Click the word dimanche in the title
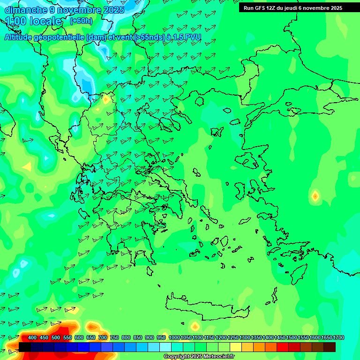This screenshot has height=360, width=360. click(24, 10)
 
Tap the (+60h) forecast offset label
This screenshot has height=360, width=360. click(81, 21)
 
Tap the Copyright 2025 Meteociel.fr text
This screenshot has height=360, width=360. click(199, 357)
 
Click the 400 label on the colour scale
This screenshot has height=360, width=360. click(32, 338)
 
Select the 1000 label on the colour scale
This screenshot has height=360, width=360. click(174, 338)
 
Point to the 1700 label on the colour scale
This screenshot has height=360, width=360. click(338, 338)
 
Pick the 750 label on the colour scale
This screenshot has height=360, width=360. click(114, 338)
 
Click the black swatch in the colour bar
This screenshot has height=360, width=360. click(25, 347)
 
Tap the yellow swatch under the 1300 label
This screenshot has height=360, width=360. click(236, 347)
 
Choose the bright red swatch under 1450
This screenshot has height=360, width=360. click(283, 347)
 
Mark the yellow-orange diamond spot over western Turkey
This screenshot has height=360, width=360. click(315, 195)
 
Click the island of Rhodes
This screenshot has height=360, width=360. click(298, 274)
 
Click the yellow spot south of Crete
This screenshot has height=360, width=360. click(195, 326)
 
